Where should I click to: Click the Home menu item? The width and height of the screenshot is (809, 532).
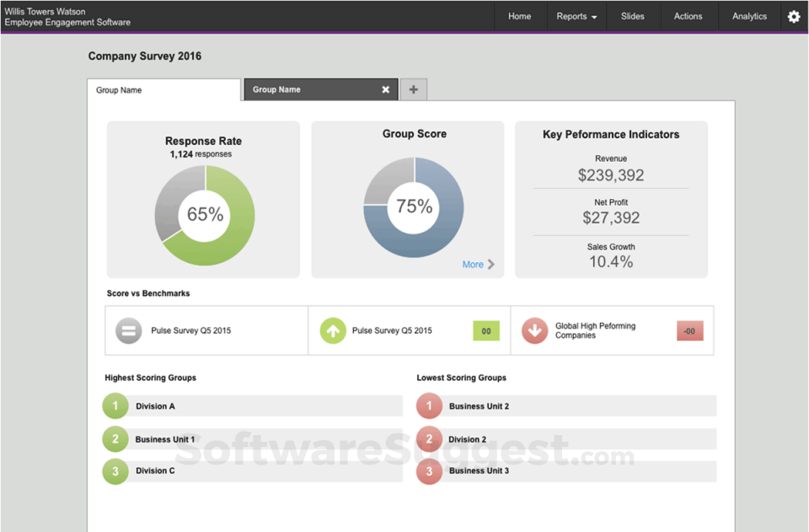click(519, 16)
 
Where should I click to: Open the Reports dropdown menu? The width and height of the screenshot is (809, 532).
click(577, 16)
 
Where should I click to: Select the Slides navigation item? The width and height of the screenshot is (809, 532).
click(632, 16)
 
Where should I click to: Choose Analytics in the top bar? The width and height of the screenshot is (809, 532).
click(749, 16)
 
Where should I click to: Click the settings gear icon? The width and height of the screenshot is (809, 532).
click(794, 16)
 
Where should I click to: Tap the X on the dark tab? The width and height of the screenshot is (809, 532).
click(386, 89)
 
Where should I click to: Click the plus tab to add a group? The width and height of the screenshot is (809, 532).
click(413, 89)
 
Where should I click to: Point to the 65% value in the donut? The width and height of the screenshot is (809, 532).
click(205, 214)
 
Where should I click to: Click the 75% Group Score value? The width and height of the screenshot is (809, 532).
click(414, 207)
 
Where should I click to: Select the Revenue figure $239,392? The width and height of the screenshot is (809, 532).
click(611, 175)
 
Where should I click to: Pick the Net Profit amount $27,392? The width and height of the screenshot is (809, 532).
click(611, 218)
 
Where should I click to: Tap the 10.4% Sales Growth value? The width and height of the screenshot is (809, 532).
click(611, 262)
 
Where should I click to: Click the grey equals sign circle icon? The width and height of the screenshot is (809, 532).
click(129, 331)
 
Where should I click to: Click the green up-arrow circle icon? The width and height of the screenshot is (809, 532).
click(333, 331)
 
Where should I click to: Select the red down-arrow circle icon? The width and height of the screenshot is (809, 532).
click(534, 331)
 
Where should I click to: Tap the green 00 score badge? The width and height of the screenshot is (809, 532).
click(486, 331)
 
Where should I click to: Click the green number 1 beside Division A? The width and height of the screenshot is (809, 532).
click(115, 406)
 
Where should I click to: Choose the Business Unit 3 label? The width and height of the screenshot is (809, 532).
click(479, 470)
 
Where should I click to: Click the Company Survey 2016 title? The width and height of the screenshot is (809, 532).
click(145, 56)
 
